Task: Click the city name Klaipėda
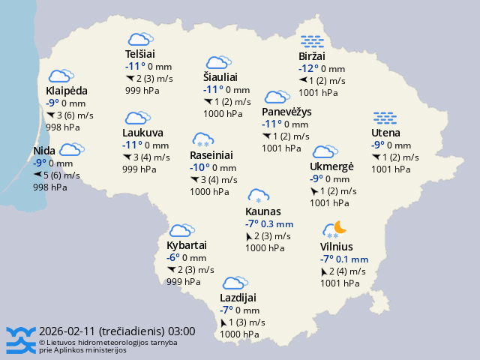click(66, 91)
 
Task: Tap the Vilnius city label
click(336, 247)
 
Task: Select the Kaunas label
click(263, 211)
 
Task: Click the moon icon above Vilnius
click(340, 226)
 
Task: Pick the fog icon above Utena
click(385, 118)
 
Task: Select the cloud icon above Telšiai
click(139, 39)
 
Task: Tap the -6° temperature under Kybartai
click(173, 258)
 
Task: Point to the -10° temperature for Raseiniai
click(200, 168)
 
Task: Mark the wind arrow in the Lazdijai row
click(223, 322)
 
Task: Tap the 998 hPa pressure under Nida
click(46, 187)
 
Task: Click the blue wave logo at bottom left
click(20, 340)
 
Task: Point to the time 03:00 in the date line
click(182, 331)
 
